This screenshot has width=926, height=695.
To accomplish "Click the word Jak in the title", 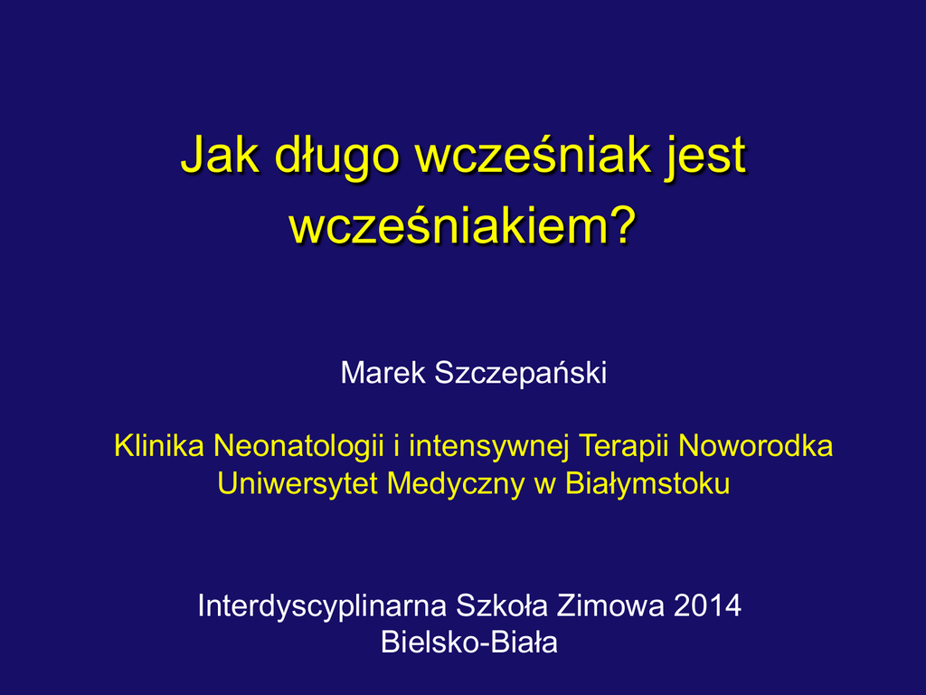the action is [220, 155].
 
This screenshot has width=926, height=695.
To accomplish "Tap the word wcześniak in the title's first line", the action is [534, 155].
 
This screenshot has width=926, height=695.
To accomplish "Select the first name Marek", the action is [383, 373].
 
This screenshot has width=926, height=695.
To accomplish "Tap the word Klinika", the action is [159, 445].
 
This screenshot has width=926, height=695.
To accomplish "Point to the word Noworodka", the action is [756, 445].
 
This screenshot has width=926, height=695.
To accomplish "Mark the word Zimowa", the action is [610, 605].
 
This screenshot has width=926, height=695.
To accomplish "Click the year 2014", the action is [707, 605].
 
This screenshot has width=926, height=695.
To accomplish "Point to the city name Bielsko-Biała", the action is [469, 643].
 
